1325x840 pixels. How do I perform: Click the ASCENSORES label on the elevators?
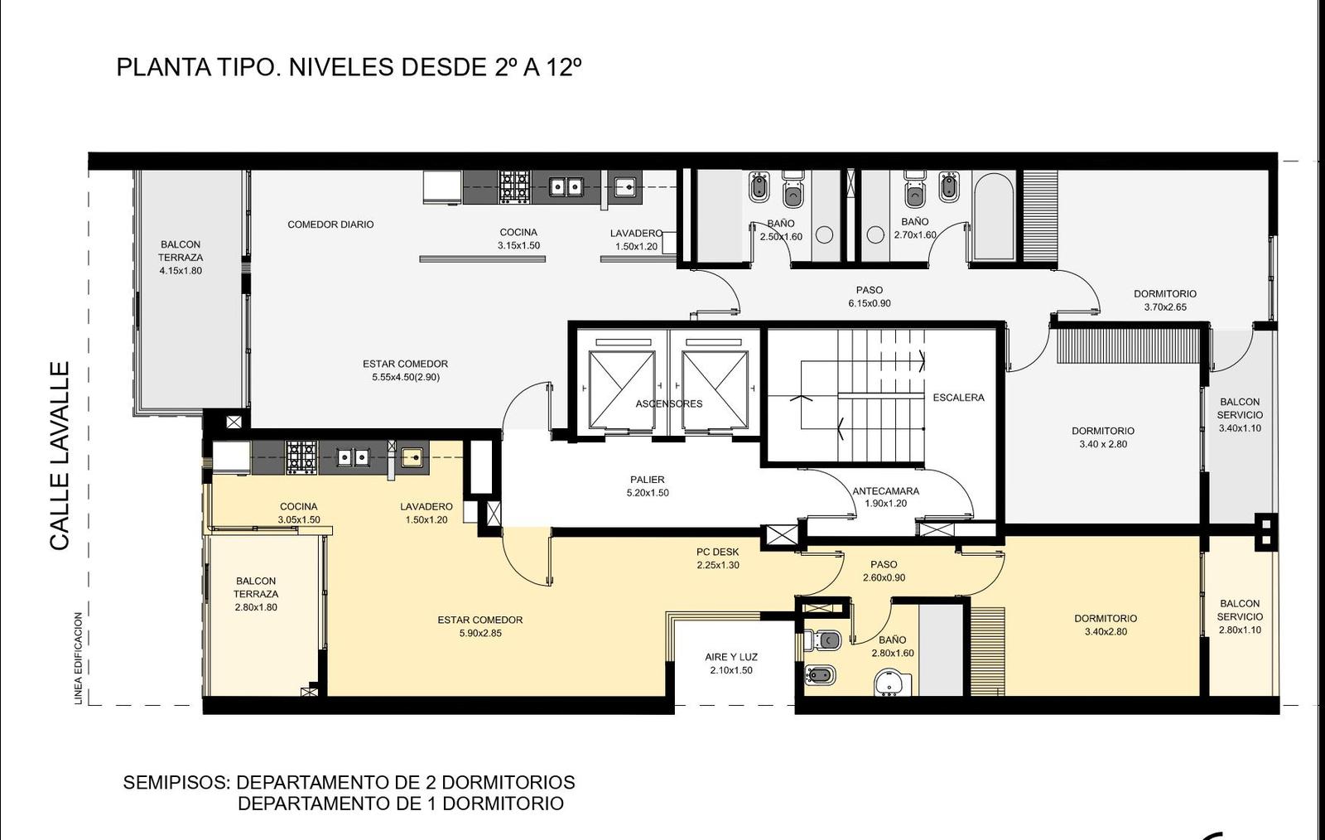669,403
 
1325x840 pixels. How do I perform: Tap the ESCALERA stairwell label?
958,398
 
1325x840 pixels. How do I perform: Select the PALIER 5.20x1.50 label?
648,485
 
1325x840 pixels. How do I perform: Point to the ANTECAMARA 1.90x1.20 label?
885,497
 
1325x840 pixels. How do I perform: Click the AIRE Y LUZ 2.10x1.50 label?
731,664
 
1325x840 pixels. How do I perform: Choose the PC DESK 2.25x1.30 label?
718,558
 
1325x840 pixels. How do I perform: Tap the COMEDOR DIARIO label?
330,224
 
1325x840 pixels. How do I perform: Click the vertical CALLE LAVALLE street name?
60,456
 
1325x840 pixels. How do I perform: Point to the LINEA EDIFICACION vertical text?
78,659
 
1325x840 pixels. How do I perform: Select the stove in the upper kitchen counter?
514,187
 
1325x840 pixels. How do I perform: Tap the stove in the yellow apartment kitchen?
301,457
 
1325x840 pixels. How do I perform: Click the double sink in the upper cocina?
566,187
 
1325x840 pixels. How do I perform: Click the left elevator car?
622,389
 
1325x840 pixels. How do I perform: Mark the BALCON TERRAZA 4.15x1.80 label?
181,258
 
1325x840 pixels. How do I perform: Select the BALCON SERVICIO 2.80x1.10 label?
1240,616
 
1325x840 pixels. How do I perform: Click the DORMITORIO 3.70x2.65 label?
1165,300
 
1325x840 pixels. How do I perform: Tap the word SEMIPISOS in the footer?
176,782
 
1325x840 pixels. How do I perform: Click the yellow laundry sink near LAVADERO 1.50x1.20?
412,457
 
